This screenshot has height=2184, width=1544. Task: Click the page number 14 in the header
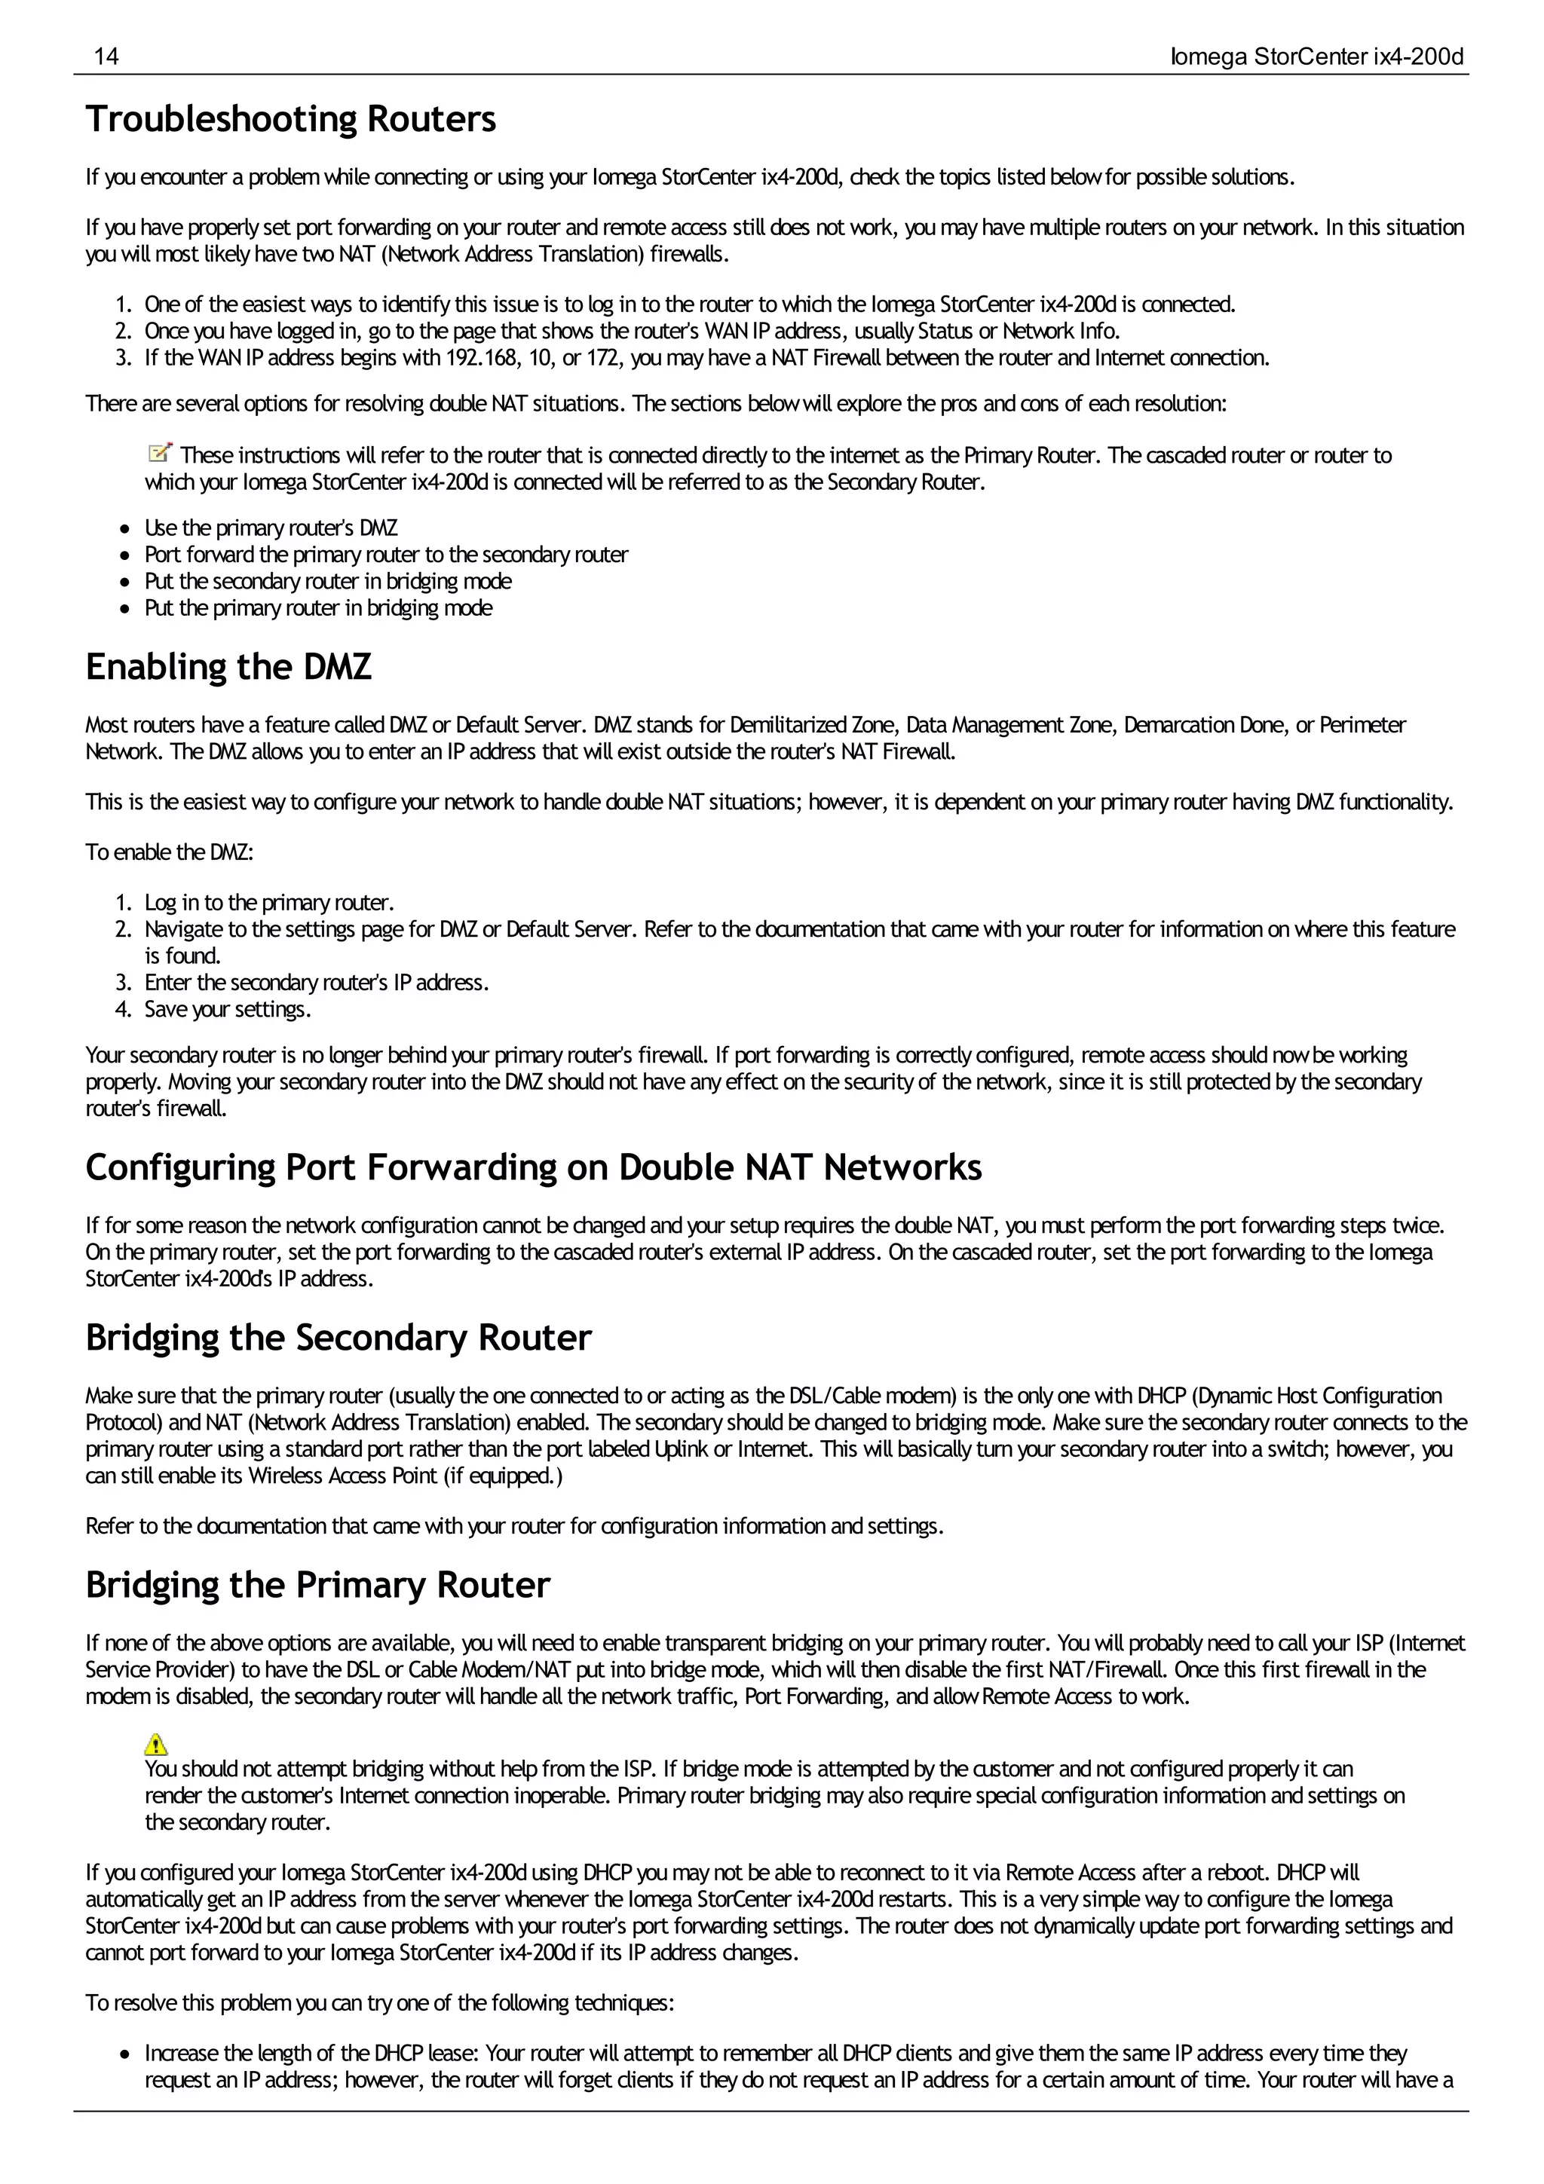click(x=106, y=57)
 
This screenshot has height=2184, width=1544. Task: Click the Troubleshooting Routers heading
click(x=290, y=120)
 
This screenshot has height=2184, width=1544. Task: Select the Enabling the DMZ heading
click(x=228, y=667)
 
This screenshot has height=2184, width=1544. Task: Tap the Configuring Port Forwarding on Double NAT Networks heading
click(x=533, y=1167)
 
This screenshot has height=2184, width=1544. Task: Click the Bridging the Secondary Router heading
click(x=338, y=1338)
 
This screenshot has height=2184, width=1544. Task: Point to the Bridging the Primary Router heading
click(x=317, y=1585)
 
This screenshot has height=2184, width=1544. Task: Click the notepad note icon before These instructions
click(x=160, y=453)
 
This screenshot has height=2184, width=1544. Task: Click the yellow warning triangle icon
click(x=156, y=1744)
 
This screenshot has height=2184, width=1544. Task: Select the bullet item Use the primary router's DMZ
click(x=271, y=528)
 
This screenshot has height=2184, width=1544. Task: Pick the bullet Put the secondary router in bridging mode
click(x=327, y=581)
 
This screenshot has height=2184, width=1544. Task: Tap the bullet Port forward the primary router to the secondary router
click(x=385, y=555)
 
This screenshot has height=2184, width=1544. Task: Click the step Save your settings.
click(x=228, y=1009)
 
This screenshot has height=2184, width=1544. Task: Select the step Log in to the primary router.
click(x=269, y=902)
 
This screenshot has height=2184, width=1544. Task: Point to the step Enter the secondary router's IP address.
click(x=316, y=983)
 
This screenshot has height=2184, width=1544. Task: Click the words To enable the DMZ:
click(x=170, y=852)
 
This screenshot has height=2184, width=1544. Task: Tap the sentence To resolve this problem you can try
click(x=378, y=2003)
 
